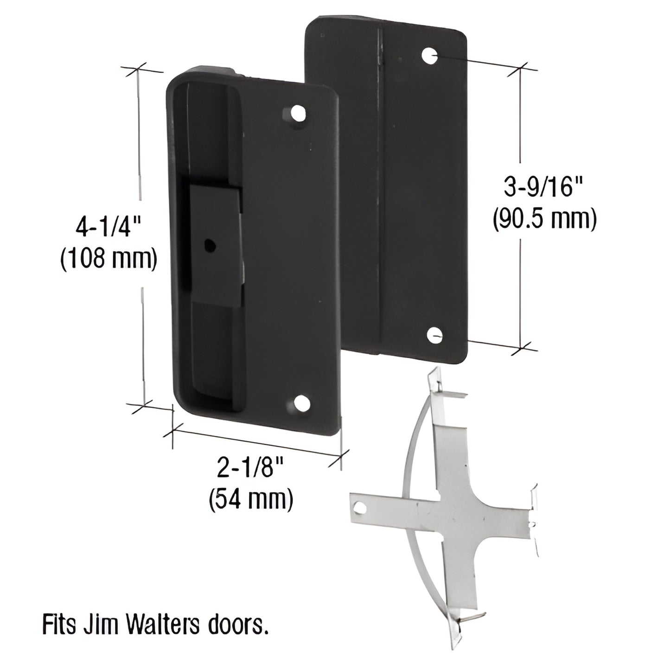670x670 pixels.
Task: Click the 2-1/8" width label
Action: click(251, 471)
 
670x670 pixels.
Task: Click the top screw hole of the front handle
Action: click(296, 114)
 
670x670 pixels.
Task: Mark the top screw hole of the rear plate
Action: click(431, 56)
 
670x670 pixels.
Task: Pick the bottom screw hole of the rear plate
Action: click(434, 334)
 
